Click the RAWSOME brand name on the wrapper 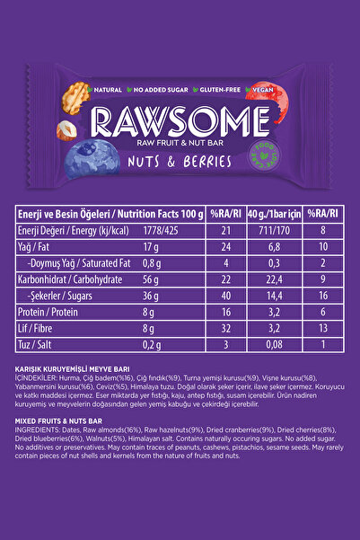coord(180,120)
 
